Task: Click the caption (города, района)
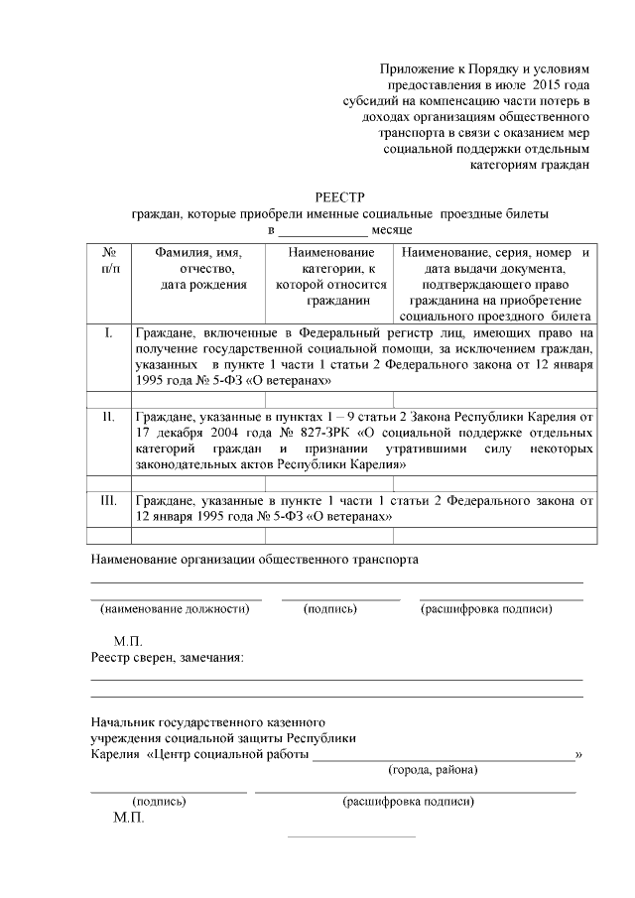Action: pyautogui.click(x=433, y=770)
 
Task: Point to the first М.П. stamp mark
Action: pyautogui.click(x=129, y=640)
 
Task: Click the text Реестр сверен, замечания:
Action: pyautogui.click(x=168, y=657)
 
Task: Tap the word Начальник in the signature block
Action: pyautogui.click(x=123, y=721)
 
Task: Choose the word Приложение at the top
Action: pyautogui.click(x=416, y=69)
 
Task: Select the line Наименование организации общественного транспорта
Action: pyautogui.click(x=255, y=559)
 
